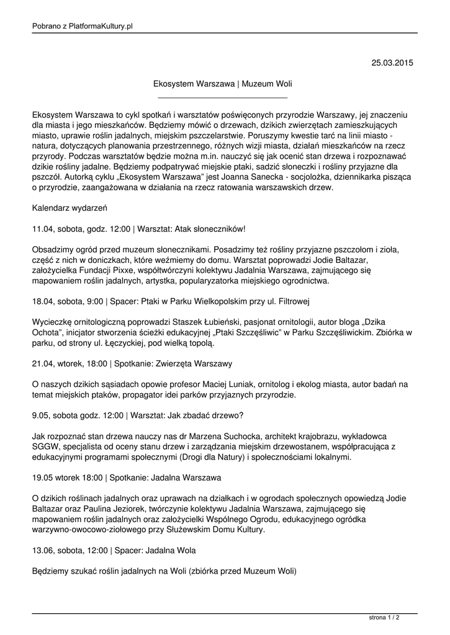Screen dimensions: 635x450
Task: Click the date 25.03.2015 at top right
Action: (392, 63)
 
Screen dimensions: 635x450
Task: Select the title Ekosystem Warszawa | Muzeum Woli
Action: (223, 84)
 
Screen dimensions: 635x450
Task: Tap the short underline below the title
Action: (223, 97)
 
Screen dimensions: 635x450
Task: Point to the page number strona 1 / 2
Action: (384, 618)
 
